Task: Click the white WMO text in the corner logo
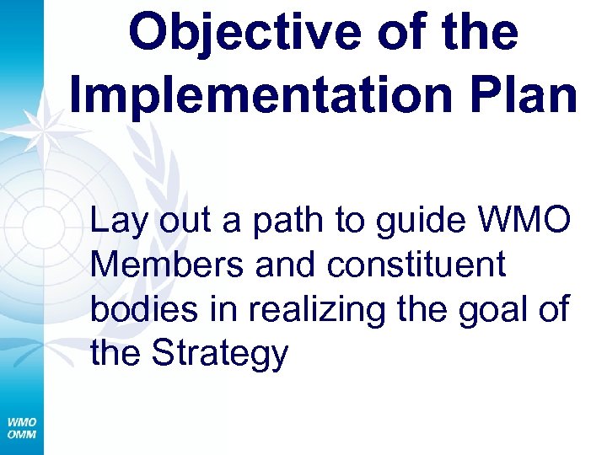point(21,421)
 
